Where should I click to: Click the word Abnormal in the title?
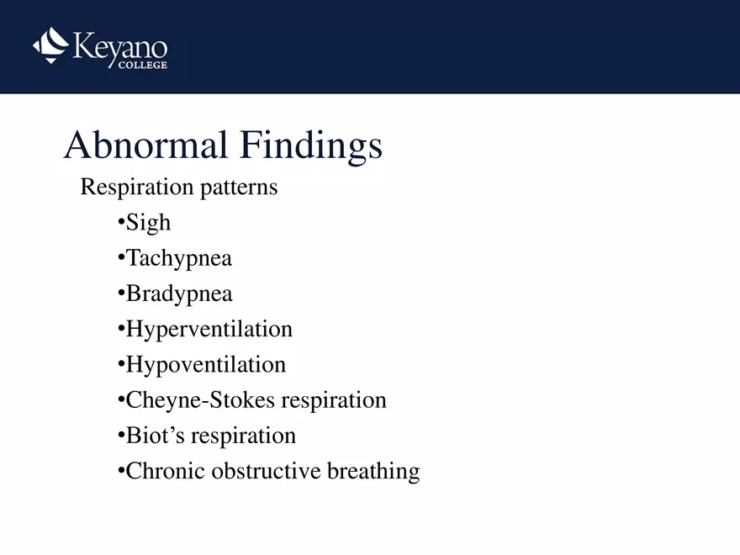pyautogui.click(x=144, y=145)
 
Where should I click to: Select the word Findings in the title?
pyautogui.click(x=310, y=147)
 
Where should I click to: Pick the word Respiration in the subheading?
pyautogui.click(x=137, y=188)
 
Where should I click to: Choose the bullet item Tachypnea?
pyautogui.click(x=178, y=259)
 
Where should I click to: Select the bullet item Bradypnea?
pyautogui.click(x=178, y=294)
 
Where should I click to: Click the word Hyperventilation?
pyautogui.click(x=209, y=330)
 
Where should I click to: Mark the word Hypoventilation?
pyautogui.click(x=205, y=365)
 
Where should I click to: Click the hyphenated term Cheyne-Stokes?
pyautogui.click(x=199, y=400)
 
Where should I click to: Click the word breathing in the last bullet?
pyautogui.click(x=373, y=472)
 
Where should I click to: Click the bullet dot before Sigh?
pyautogui.click(x=121, y=223)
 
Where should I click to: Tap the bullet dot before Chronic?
pyautogui.click(x=121, y=471)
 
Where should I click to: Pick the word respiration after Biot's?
pyautogui.click(x=243, y=436)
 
